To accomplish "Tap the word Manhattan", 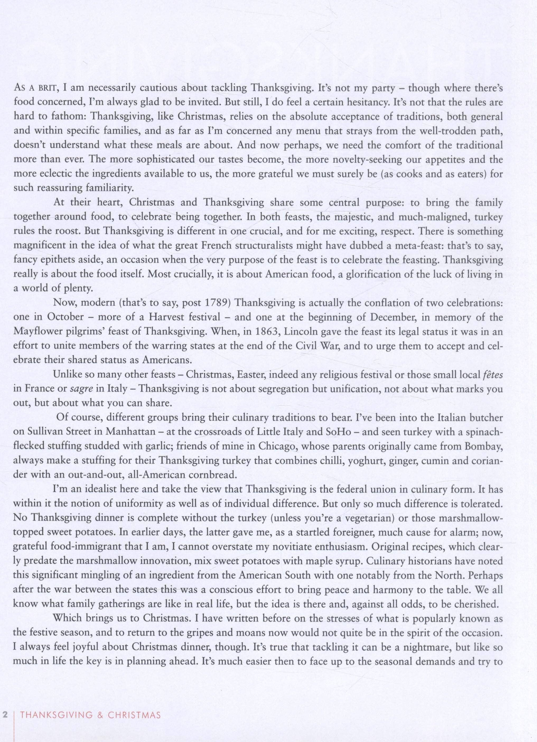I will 130,432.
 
